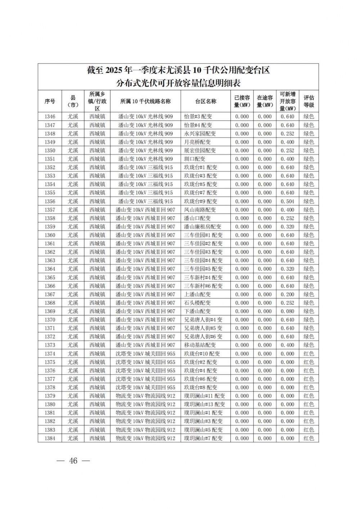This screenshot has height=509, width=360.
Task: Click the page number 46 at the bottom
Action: point(73,461)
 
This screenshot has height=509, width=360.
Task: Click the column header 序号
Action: point(50,102)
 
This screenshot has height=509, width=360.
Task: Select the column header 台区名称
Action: point(206,102)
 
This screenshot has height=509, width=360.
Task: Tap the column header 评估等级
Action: point(309,102)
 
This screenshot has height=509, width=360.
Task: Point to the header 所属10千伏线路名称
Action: point(145,102)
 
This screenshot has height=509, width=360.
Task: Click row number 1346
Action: point(50,117)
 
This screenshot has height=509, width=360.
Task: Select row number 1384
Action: point(50,438)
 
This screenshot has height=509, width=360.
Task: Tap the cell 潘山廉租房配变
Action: point(203,227)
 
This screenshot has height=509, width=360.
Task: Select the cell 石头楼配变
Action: point(198,303)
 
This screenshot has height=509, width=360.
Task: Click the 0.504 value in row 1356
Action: point(287,201)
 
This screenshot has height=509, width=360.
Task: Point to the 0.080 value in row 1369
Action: point(287,311)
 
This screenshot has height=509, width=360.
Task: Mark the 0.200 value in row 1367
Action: point(287,294)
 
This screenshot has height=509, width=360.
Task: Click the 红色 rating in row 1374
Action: point(309,353)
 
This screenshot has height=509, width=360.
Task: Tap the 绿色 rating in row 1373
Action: point(309,345)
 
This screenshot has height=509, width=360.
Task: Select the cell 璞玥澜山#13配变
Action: point(204,404)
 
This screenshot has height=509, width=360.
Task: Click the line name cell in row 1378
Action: point(145,387)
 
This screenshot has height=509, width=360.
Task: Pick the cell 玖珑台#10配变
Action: point(202,353)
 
